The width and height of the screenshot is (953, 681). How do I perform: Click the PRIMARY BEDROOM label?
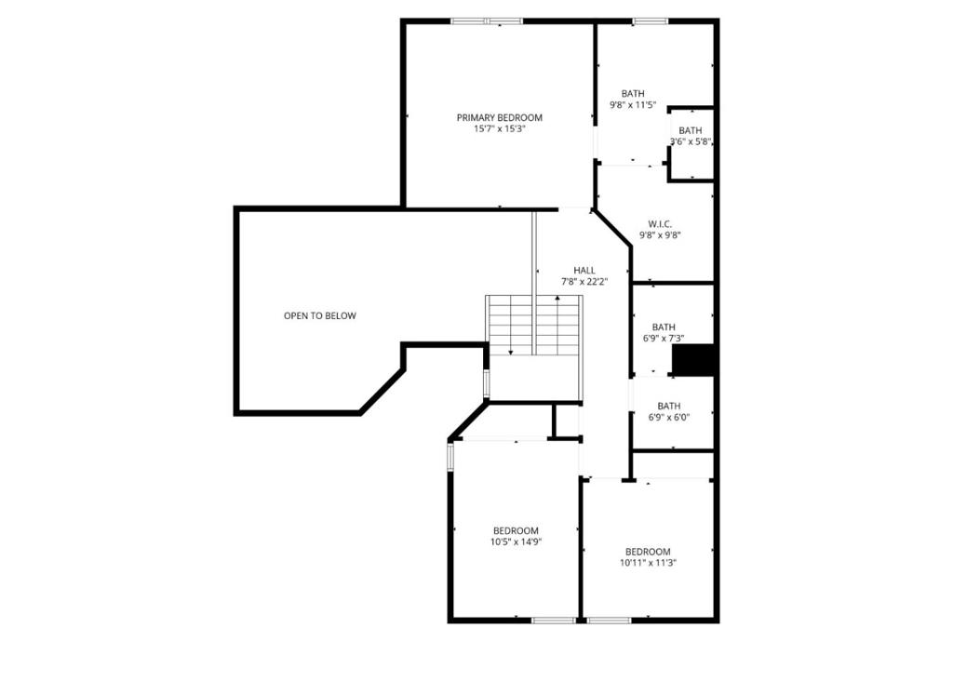500,117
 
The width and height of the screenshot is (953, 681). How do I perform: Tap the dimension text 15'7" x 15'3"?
500,128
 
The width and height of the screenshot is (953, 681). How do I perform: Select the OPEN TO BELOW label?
320,315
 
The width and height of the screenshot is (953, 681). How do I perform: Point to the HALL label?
584,270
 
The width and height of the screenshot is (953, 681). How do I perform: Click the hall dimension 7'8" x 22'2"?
584,281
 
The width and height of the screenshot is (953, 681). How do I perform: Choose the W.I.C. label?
660,223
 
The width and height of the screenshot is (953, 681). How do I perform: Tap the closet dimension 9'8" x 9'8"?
660,235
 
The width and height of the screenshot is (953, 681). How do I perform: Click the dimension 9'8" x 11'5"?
633,105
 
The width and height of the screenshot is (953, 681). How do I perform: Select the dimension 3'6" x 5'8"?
691,141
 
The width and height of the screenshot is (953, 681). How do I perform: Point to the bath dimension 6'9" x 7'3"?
664,339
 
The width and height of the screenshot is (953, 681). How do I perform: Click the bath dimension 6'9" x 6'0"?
668,418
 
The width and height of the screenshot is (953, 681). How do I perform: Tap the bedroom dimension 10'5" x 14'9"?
516,541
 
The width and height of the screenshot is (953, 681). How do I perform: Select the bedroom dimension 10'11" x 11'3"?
648,563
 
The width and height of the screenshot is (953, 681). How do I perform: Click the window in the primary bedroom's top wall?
486,21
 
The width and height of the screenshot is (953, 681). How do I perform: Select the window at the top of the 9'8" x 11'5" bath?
651,21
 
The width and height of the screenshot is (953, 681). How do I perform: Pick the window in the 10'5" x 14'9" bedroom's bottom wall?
554,621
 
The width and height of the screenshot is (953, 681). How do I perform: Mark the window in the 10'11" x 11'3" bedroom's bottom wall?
609,621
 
